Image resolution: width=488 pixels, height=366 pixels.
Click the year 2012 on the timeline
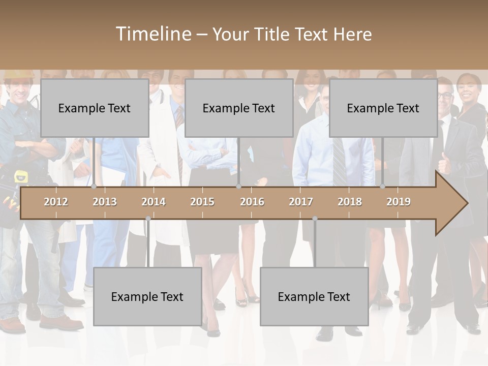point(56,202)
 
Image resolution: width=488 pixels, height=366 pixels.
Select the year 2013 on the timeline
point(105,202)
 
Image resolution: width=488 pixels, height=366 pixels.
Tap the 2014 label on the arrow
point(154,202)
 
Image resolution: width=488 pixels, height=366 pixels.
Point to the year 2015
point(202,202)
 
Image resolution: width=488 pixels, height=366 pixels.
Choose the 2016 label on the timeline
point(252,202)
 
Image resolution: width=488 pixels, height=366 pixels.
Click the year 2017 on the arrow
point(301,202)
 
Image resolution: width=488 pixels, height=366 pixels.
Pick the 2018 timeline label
point(350,202)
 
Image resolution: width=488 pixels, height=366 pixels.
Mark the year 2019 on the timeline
point(399,202)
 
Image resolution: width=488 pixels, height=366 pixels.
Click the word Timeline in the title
point(153,34)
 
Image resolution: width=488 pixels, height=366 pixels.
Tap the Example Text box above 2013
point(95,108)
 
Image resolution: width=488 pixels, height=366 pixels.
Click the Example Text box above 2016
point(239,108)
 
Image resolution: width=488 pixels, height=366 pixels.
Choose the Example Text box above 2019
point(383,108)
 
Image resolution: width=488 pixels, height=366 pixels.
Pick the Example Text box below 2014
point(147,297)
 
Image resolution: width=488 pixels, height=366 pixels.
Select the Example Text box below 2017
point(314,297)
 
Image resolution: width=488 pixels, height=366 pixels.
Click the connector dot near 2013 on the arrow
point(94,187)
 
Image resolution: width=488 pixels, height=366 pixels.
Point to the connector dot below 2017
point(315,219)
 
